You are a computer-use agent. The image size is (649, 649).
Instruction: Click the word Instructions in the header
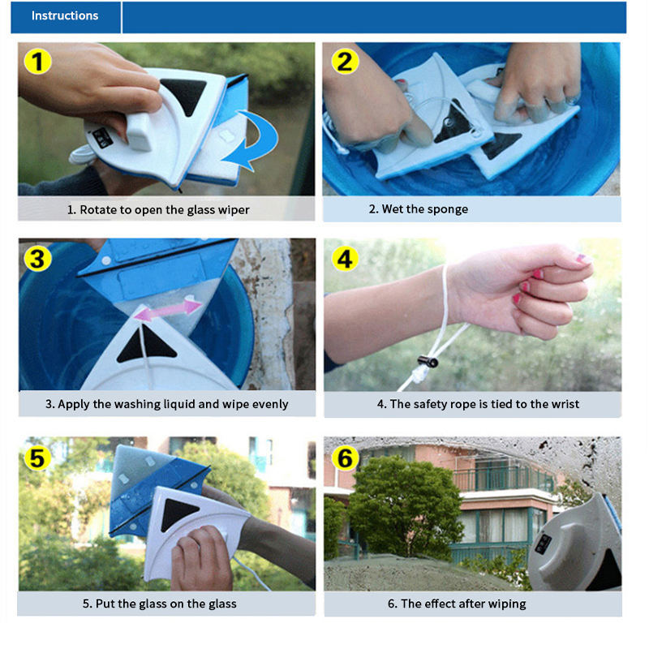click(65, 15)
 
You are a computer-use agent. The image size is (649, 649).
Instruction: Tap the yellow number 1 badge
click(37, 62)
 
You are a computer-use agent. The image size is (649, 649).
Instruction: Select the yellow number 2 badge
click(346, 62)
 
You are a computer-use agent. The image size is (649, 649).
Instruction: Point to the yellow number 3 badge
click(37, 259)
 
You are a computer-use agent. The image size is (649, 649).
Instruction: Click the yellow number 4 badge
click(346, 259)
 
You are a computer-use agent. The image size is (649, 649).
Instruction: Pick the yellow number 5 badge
click(37, 458)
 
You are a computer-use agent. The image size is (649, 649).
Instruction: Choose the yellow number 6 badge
click(346, 458)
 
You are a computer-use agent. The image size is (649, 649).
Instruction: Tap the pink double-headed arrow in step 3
click(168, 310)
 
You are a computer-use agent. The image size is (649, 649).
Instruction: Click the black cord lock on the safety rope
click(428, 361)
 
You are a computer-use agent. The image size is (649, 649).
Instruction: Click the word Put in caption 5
click(105, 604)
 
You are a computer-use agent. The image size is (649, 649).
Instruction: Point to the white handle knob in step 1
click(140, 131)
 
